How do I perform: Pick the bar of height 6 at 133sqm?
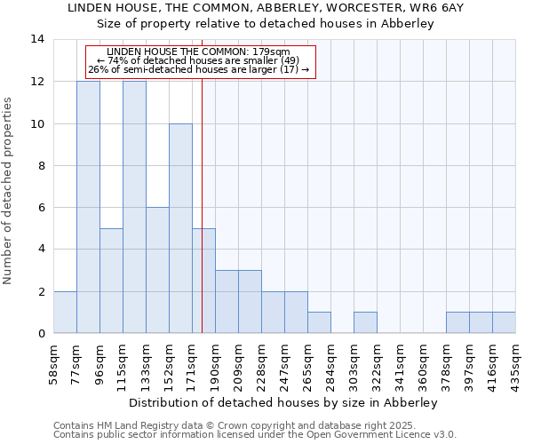coord(157,270)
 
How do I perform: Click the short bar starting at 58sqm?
coord(65,313)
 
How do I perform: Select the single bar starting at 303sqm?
coord(365,323)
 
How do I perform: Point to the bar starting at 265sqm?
coord(319,323)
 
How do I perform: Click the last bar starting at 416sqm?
coord(504,323)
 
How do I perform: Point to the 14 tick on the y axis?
coord(37,39)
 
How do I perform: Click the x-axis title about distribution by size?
coord(283,402)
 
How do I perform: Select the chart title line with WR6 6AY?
coord(266,7)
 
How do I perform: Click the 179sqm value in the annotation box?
coord(272,52)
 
